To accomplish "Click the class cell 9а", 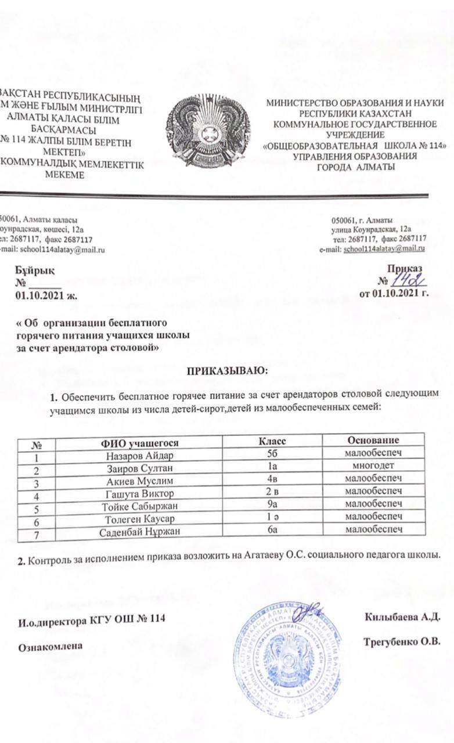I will coord(276,506).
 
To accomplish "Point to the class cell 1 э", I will coord(276,518).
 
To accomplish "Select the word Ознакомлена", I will coord(51,645).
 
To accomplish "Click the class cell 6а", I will coord(276,531).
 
